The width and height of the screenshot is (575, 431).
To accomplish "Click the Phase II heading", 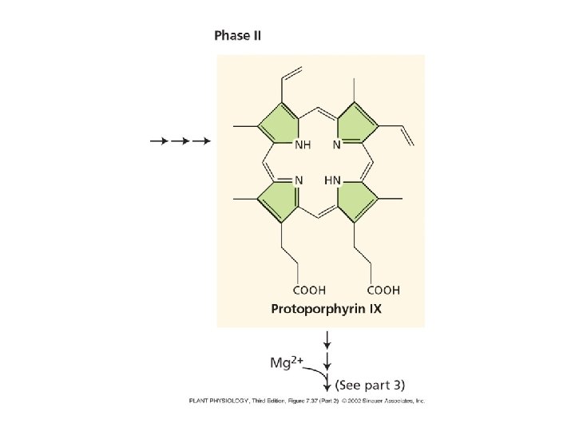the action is pyautogui.click(x=237, y=36).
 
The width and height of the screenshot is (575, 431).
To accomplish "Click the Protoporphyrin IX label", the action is pyautogui.click(x=326, y=308).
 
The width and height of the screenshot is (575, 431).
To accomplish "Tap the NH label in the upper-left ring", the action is pyautogui.click(x=303, y=145).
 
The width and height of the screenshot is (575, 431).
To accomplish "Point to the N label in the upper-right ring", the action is pyautogui.click(x=336, y=145).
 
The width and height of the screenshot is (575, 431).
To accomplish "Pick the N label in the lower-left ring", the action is pyautogui.click(x=299, y=180).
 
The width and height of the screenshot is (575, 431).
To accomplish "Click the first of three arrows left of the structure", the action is pyautogui.click(x=158, y=141).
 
